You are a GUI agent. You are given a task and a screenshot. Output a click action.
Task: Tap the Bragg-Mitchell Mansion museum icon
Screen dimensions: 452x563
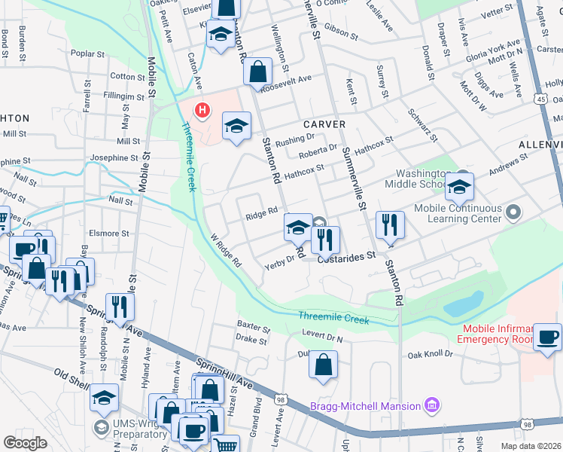pos(431,406)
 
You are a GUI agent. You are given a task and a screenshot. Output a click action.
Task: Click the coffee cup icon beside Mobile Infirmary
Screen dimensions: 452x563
pos(547,337)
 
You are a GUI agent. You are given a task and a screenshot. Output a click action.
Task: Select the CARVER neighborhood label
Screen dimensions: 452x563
pos(324,124)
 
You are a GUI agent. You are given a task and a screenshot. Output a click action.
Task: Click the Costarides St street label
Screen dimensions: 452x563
pos(346,256)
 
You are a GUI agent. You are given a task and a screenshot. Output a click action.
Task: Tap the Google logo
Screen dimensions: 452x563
pos(26,442)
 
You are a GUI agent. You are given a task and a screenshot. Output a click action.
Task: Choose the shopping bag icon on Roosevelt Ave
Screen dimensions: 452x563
pos(257,72)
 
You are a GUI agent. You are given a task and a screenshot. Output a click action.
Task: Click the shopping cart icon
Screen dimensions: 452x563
pos(226,444)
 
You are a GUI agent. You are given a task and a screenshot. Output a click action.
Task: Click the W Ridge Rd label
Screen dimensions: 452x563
pos(226,252)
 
